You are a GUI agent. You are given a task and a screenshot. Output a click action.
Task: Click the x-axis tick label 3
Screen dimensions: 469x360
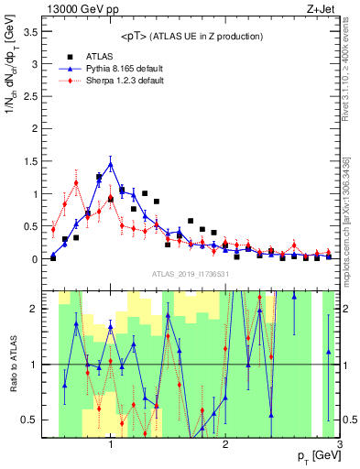[340, 446]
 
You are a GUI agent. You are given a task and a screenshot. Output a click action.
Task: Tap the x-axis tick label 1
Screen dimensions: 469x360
[111, 446]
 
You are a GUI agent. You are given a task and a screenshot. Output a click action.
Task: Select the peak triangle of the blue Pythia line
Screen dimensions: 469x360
[111, 164]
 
